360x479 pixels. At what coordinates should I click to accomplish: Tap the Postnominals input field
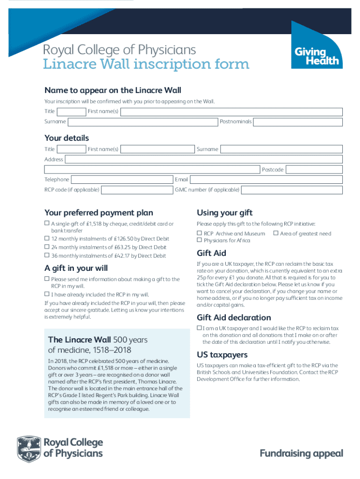click(x=298, y=122)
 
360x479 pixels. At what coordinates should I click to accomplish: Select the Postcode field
click(x=314, y=170)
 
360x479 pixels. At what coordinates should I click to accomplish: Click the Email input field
click(x=266, y=180)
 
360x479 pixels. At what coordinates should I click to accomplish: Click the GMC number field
click(x=292, y=190)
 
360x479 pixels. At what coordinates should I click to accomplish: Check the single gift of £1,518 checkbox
click(x=47, y=224)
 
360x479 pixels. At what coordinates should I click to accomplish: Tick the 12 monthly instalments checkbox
click(x=47, y=239)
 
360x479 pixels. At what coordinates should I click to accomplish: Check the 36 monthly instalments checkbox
click(x=47, y=255)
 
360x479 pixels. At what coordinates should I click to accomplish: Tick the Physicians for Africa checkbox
click(x=200, y=240)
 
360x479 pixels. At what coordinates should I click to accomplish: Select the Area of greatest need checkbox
click(x=276, y=233)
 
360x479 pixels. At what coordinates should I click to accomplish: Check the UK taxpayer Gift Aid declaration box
click(x=200, y=328)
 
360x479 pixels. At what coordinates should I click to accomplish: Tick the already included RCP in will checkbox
click(x=47, y=294)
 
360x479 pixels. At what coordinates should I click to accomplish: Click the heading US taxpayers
click(x=222, y=355)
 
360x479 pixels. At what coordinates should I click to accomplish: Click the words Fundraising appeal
click(x=301, y=453)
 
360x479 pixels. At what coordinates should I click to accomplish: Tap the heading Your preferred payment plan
click(x=99, y=213)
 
